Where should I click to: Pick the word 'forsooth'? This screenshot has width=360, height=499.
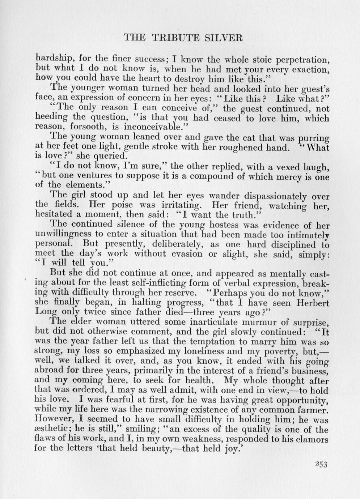85,127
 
